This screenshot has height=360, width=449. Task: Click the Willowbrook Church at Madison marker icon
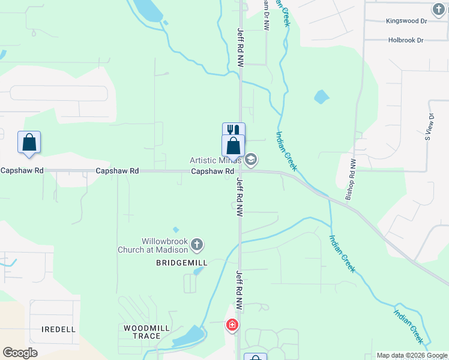(x=197, y=245)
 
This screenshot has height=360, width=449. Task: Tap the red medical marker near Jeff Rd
(x=232, y=325)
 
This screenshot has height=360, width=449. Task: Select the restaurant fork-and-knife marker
(x=234, y=131)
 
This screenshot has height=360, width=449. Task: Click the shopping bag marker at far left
(x=29, y=142)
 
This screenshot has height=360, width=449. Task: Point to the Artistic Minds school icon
(x=251, y=160)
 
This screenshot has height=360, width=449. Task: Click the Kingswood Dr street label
(x=406, y=21)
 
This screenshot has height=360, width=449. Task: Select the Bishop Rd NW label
(x=351, y=179)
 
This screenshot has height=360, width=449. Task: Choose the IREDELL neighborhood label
(x=58, y=329)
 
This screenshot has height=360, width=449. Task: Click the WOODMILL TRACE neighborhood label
(x=142, y=332)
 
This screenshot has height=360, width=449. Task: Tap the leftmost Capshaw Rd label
(x=22, y=170)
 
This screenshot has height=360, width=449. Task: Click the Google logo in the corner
(x=20, y=352)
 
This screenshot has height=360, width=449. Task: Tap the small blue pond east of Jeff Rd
(x=322, y=97)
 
